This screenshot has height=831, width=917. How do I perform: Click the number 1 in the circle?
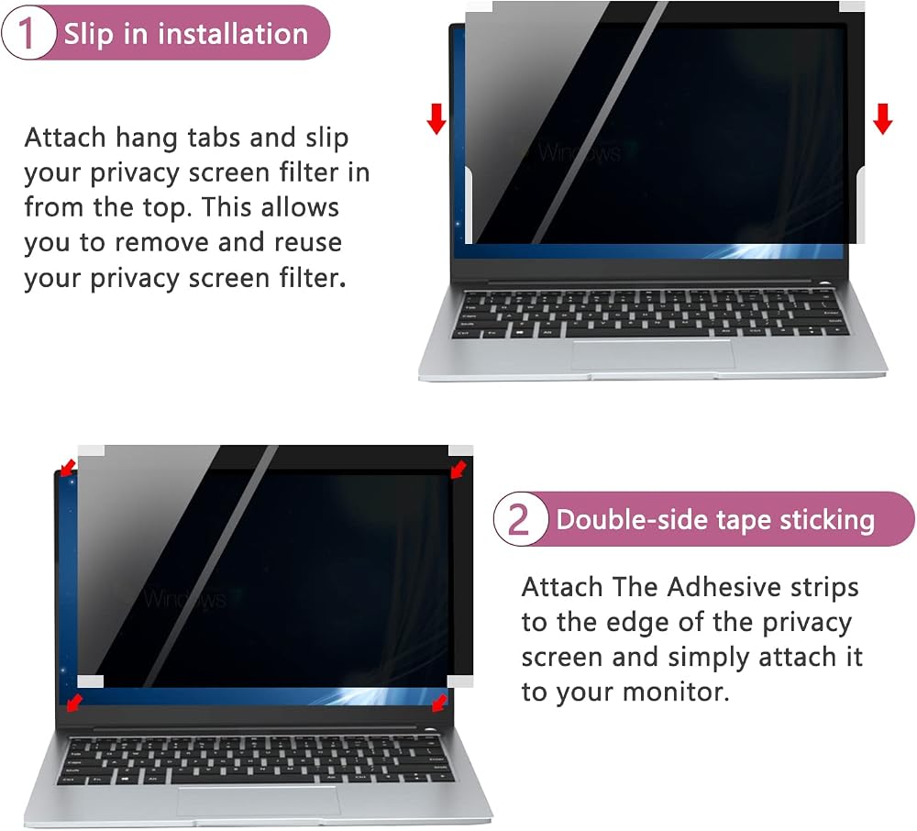[x=26, y=33]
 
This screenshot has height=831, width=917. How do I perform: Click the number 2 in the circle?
[x=518, y=519]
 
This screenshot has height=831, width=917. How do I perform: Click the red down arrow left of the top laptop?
[x=436, y=118]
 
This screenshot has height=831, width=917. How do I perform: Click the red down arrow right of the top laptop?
[x=882, y=118]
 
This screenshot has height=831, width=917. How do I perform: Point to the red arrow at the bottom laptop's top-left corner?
[x=67, y=467]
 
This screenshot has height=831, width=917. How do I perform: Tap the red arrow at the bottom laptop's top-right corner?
[x=458, y=469]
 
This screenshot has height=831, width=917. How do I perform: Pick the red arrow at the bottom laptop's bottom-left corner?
[x=73, y=703]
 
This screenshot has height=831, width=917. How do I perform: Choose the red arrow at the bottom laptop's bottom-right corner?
[x=439, y=703]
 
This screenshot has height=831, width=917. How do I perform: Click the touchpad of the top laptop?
[x=653, y=354]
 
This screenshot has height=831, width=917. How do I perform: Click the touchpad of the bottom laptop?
[x=259, y=801]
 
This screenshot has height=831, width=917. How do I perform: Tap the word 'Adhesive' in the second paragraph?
[x=723, y=587]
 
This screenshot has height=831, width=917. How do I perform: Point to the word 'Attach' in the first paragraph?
[x=65, y=138]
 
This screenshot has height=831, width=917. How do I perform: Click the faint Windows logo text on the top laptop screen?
[x=579, y=153]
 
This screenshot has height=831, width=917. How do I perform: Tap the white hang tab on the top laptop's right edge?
[x=860, y=203]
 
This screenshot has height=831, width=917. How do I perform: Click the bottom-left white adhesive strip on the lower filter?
[x=90, y=681]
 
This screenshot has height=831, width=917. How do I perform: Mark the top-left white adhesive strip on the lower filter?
[x=91, y=451]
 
